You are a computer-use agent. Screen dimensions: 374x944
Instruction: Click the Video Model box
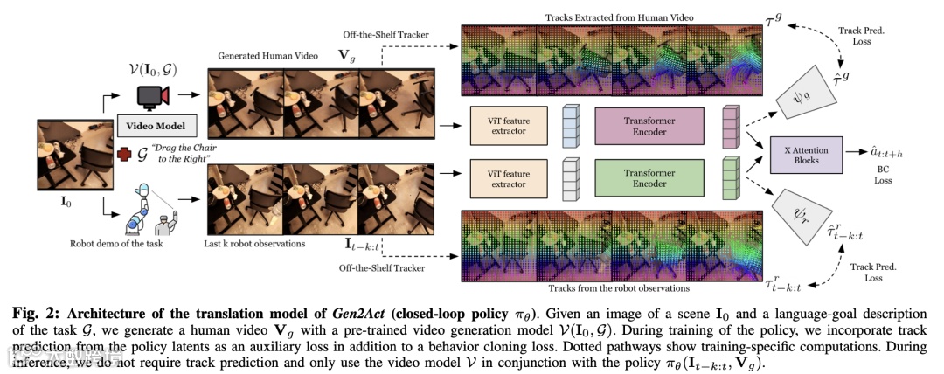(x=156, y=126)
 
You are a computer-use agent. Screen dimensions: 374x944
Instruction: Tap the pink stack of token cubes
(x=729, y=126)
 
